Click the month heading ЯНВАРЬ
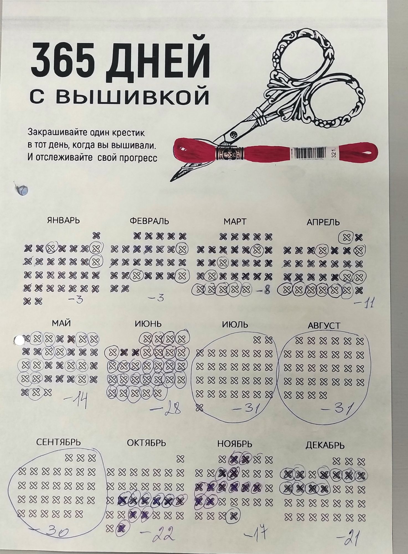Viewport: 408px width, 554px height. click(x=63, y=220)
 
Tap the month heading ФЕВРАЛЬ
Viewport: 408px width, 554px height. click(x=149, y=221)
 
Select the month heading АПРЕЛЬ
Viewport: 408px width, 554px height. click(x=323, y=222)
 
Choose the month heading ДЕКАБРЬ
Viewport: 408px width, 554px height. click(x=325, y=446)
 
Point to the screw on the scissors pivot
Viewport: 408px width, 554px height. click(x=234, y=134)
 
